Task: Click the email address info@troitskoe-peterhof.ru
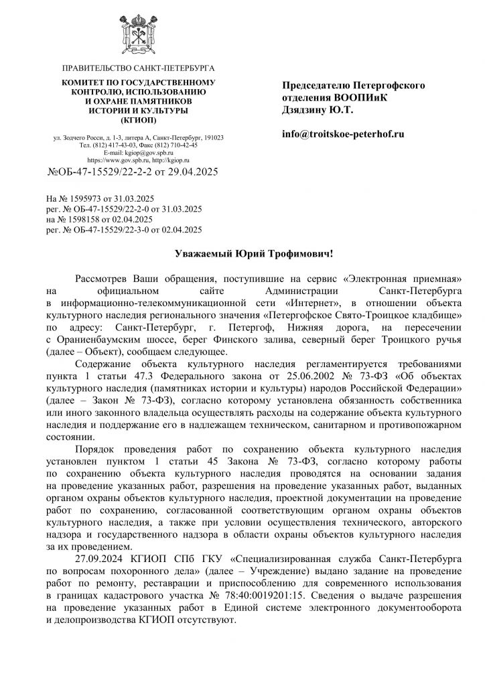(x=343, y=135)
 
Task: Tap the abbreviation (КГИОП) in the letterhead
(x=138, y=120)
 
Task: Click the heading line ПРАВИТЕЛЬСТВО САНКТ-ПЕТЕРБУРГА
(x=138, y=69)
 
